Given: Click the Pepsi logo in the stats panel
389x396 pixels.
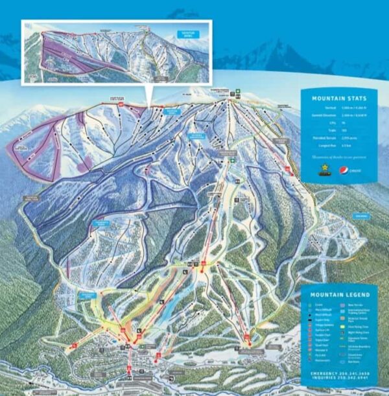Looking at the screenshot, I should pos(344,170).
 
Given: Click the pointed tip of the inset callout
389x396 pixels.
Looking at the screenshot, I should pos(148,106).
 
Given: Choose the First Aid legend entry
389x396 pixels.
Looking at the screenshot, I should pos(318,355).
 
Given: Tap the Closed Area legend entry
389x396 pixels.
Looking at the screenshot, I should pos(353,355).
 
